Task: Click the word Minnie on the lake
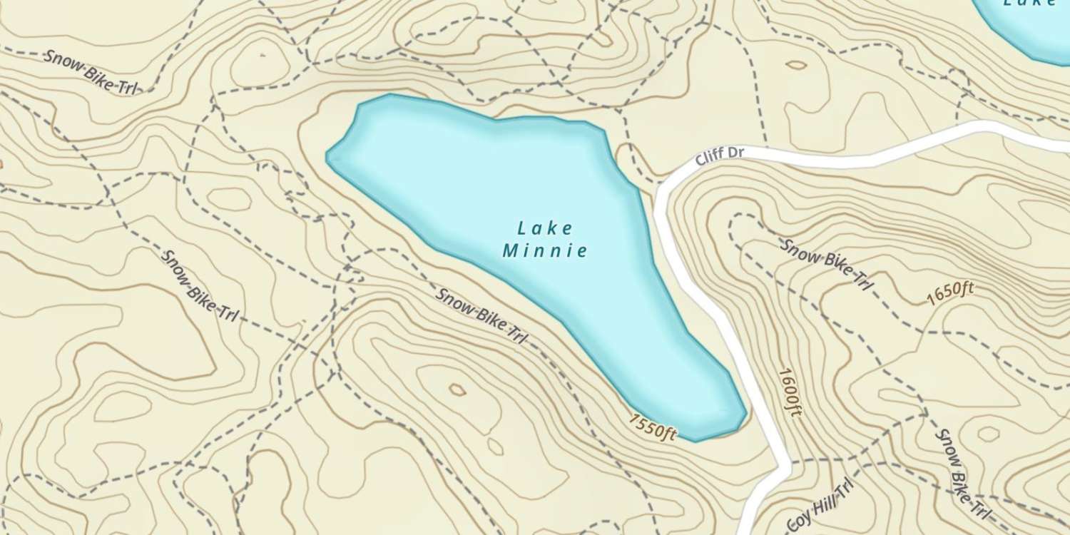click(546, 250)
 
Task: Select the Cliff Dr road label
click(719, 156)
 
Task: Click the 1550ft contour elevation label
click(652, 426)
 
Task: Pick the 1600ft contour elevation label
click(788, 393)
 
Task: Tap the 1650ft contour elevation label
click(951, 292)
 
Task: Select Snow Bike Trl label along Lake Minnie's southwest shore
click(479, 315)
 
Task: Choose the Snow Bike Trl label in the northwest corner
click(89, 72)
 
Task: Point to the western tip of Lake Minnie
click(328, 156)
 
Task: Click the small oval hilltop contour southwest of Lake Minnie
click(456, 389)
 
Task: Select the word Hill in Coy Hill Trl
click(820, 508)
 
